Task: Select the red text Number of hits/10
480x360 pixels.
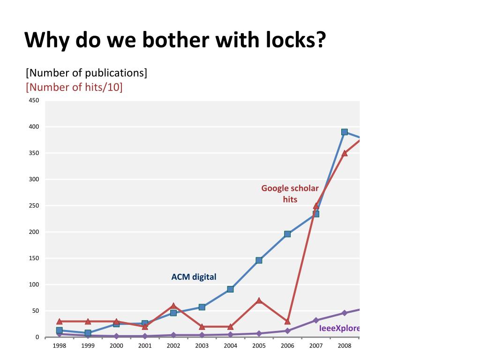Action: (75, 87)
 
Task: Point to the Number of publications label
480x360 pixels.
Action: (87, 73)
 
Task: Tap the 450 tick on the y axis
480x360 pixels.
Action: (34, 100)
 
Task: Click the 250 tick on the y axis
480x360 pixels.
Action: (34, 206)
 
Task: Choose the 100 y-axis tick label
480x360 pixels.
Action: (34, 285)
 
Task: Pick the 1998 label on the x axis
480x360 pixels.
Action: (59, 346)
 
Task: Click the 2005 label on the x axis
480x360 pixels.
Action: (259, 346)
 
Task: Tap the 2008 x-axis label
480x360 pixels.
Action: (345, 346)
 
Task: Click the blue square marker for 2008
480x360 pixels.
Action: (345, 132)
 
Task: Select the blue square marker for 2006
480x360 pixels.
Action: (287, 234)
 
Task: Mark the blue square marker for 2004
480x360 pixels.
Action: (230, 289)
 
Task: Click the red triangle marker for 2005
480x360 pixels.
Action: (259, 300)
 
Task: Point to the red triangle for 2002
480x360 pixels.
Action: (173, 306)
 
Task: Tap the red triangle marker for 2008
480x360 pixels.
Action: (345, 153)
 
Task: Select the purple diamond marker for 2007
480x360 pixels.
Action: (316, 320)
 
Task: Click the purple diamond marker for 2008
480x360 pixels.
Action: (345, 313)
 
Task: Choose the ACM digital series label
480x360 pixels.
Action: (194, 277)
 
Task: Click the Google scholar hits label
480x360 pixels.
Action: (290, 194)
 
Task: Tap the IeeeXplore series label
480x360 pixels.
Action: (339, 328)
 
